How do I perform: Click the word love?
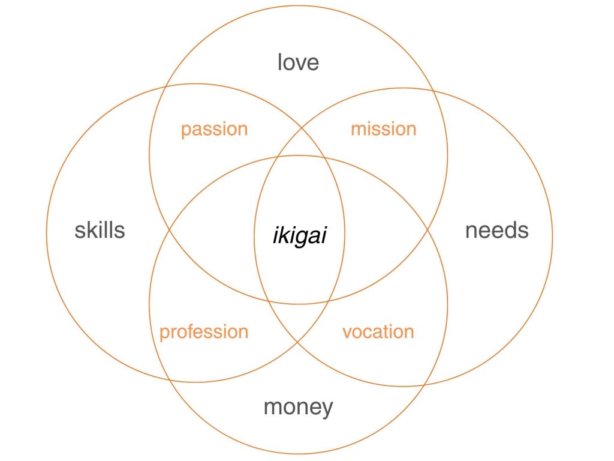point(298,62)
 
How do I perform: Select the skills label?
point(100,230)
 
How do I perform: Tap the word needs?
point(497,230)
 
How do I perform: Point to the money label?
point(298,408)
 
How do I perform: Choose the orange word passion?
point(214,129)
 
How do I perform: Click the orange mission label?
point(383,129)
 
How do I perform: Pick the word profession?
point(204,332)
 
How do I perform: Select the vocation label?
point(378,332)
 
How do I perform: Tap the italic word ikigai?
point(299,235)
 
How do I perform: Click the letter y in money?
point(327,410)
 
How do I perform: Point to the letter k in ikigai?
point(282,235)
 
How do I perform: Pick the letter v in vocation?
point(347,333)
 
